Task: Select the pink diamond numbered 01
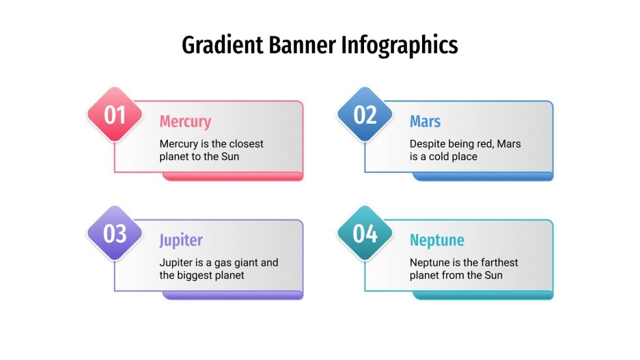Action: (x=115, y=115)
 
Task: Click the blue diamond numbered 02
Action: (x=365, y=115)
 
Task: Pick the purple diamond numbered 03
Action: (x=115, y=234)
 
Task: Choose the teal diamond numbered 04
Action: (x=365, y=234)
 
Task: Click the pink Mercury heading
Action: (x=185, y=122)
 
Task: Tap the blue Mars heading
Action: (x=425, y=122)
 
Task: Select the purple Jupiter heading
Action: (x=181, y=240)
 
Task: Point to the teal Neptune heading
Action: (x=436, y=240)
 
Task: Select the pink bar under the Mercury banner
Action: (x=232, y=176)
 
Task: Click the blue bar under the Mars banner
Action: (x=482, y=176)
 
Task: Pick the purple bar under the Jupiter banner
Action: (x=232, y=295)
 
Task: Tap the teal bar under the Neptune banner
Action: (x=482, y=295)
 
